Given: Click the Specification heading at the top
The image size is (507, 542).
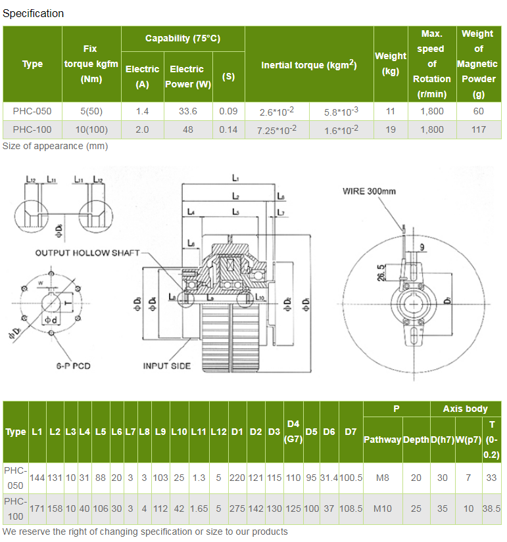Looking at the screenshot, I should [x=34, y=13].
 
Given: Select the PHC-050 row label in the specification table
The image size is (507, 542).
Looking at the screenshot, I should [x=32, y=111].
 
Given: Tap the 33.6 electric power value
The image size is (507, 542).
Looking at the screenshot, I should [x=187, y=111].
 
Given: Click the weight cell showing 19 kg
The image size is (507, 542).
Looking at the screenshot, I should [x=390, y=129].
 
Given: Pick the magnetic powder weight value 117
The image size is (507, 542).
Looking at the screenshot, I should [x=478, y=129].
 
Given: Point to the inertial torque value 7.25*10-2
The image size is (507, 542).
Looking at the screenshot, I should [x=276, y=130].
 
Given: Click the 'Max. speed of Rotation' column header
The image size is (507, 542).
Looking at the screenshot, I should [x=431, y=64].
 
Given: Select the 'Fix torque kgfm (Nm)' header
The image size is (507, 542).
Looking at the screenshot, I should [x=91, y=64].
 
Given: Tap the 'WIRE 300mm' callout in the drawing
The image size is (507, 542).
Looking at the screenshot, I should [x=369, y=192].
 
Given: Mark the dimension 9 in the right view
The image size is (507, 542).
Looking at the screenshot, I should [x=422, y=248].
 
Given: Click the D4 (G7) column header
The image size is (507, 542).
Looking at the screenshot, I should [x=293, y=431].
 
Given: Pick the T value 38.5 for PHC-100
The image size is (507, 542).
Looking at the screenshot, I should [x=491, y=509].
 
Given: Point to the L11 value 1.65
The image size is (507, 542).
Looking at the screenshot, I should [x=199, y=509].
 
